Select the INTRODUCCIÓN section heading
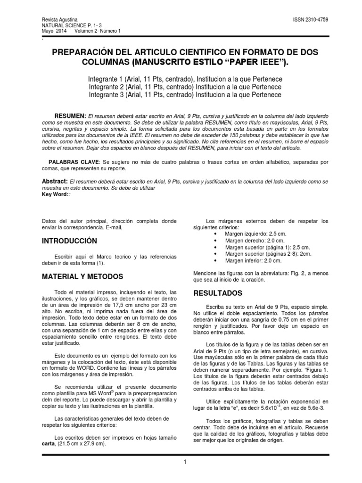[69, 241]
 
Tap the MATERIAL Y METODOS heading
[82, 276]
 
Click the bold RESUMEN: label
[70, 116]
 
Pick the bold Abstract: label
[55, 182]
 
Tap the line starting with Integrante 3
[185, 95]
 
